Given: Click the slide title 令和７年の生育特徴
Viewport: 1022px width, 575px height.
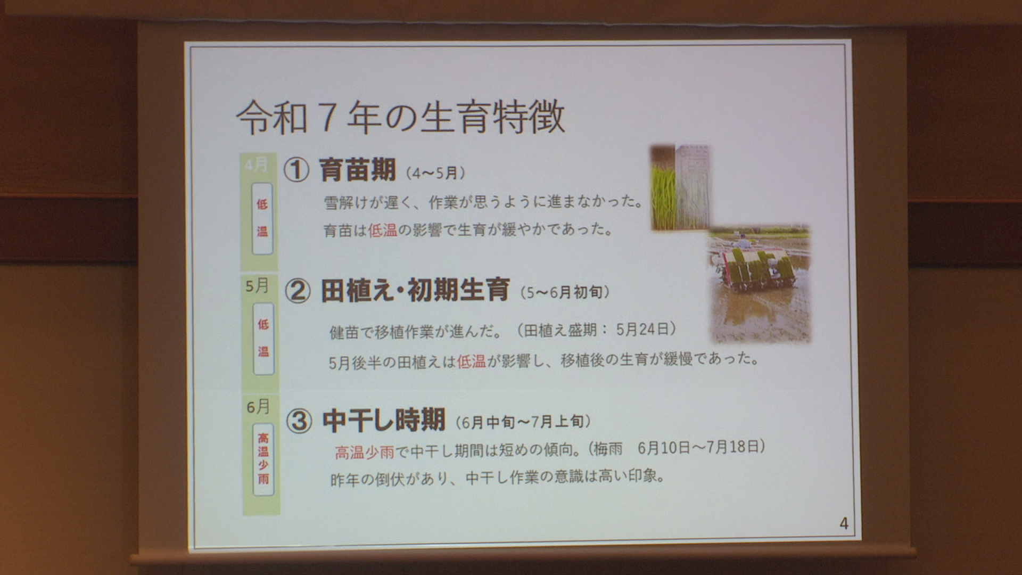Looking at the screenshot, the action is tap(400, 118).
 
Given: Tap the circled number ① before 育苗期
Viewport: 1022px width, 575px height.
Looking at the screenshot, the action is tap(296, 170).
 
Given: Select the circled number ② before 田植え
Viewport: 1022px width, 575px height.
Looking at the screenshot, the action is tap(298, 291).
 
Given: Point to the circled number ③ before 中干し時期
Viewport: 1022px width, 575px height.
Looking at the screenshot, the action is tap(299, 421).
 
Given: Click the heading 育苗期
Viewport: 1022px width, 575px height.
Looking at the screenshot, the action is tap(357, 170).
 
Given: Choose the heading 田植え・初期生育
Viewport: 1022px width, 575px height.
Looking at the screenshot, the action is tap(415, 290).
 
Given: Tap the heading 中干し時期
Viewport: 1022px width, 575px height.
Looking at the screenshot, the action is tap(384, 421).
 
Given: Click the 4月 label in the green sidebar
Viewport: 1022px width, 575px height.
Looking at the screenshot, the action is tap(256, 165).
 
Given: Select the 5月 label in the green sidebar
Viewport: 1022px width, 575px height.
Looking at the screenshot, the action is tap(257, 286).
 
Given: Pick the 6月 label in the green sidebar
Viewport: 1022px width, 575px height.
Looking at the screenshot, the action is tap(258, 407).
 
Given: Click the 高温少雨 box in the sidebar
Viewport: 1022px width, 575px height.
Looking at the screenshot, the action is tap(263, 459).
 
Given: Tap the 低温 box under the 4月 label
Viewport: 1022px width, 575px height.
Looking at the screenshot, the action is tap(262, 218).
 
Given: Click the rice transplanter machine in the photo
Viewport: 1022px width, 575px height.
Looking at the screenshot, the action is tap(758, 269).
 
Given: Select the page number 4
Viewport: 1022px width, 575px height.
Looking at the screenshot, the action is tap(844, 523).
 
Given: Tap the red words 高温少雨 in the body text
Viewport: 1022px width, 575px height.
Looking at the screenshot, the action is tap(365, 452).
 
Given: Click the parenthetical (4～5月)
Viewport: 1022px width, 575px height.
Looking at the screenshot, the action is tap(435, 173).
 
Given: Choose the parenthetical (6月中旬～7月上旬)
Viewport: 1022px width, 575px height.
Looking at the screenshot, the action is tap(523, 422).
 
